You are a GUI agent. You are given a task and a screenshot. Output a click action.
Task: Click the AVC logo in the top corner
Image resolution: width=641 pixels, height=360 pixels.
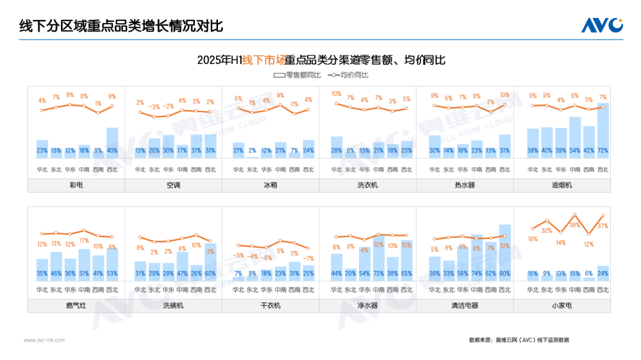(601, 25)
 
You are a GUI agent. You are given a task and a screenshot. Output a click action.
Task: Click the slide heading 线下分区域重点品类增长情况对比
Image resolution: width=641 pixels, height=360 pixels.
(121, 26)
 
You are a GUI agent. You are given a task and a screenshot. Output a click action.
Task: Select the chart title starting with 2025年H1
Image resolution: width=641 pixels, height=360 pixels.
(320, 60)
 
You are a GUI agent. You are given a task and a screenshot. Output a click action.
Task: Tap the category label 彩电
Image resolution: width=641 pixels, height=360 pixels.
(76, 185)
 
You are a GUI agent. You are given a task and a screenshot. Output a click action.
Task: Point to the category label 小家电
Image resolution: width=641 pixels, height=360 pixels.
(562, 306)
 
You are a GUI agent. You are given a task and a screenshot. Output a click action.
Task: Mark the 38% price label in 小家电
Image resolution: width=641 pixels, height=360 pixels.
(575, 225)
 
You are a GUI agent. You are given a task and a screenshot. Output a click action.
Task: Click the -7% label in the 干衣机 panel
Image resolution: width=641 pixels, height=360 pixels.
(308, 259)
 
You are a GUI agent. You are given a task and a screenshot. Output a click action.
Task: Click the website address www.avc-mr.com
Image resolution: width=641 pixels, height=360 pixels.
(44, 340)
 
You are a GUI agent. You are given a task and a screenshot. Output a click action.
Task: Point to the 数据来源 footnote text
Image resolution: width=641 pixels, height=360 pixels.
(519, 340)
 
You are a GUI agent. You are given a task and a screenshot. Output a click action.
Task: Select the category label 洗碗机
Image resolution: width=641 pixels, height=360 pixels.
(173, 306)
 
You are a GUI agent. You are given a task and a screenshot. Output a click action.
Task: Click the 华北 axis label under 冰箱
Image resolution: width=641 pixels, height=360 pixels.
(238, 170)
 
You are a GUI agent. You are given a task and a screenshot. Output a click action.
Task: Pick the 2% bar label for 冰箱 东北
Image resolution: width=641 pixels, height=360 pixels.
(253, 151)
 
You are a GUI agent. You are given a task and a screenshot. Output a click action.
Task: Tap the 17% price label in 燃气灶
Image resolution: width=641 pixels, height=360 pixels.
(84, 241)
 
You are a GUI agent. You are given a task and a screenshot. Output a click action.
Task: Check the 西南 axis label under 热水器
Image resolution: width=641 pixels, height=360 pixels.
(490, 170)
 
